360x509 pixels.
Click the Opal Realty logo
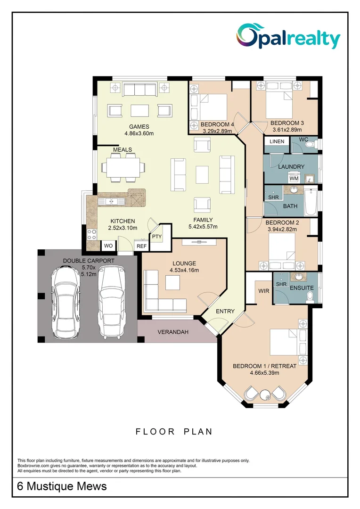coord(288,36)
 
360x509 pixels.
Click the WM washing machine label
coord(294,179)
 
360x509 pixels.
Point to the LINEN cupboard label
coord(277,141)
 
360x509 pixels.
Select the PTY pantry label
coord(156,237)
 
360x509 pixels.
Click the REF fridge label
coord(141,246)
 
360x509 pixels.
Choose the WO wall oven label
coord(107,246)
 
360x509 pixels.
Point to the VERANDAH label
coord(173,332)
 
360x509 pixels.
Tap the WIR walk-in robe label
coord(263,291)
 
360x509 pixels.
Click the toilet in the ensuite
coord(310,296)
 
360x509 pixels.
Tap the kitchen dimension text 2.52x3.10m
coord(123,228)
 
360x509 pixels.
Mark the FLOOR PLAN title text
coord(174,431)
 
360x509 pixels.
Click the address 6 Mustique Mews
coord(62,486)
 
